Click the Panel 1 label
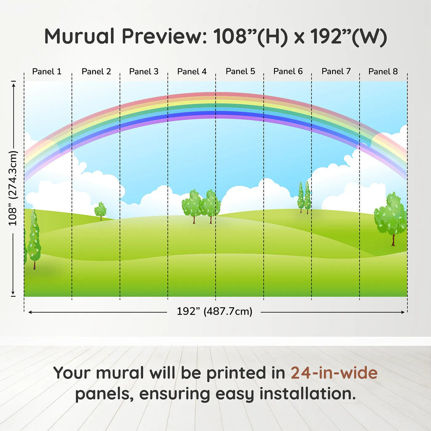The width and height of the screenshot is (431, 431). point(47,71)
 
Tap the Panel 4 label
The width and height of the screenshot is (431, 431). point(192,71)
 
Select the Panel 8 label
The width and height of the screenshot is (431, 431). point(383,71)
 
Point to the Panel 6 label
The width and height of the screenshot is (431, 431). point(288,71)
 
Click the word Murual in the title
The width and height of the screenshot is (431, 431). point(79,36)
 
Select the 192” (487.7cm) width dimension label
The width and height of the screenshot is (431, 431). point(215,311)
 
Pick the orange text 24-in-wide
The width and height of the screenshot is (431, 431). point(334,373)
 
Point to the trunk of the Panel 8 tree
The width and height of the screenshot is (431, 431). point(393,240)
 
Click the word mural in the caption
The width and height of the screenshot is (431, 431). point(120,373)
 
